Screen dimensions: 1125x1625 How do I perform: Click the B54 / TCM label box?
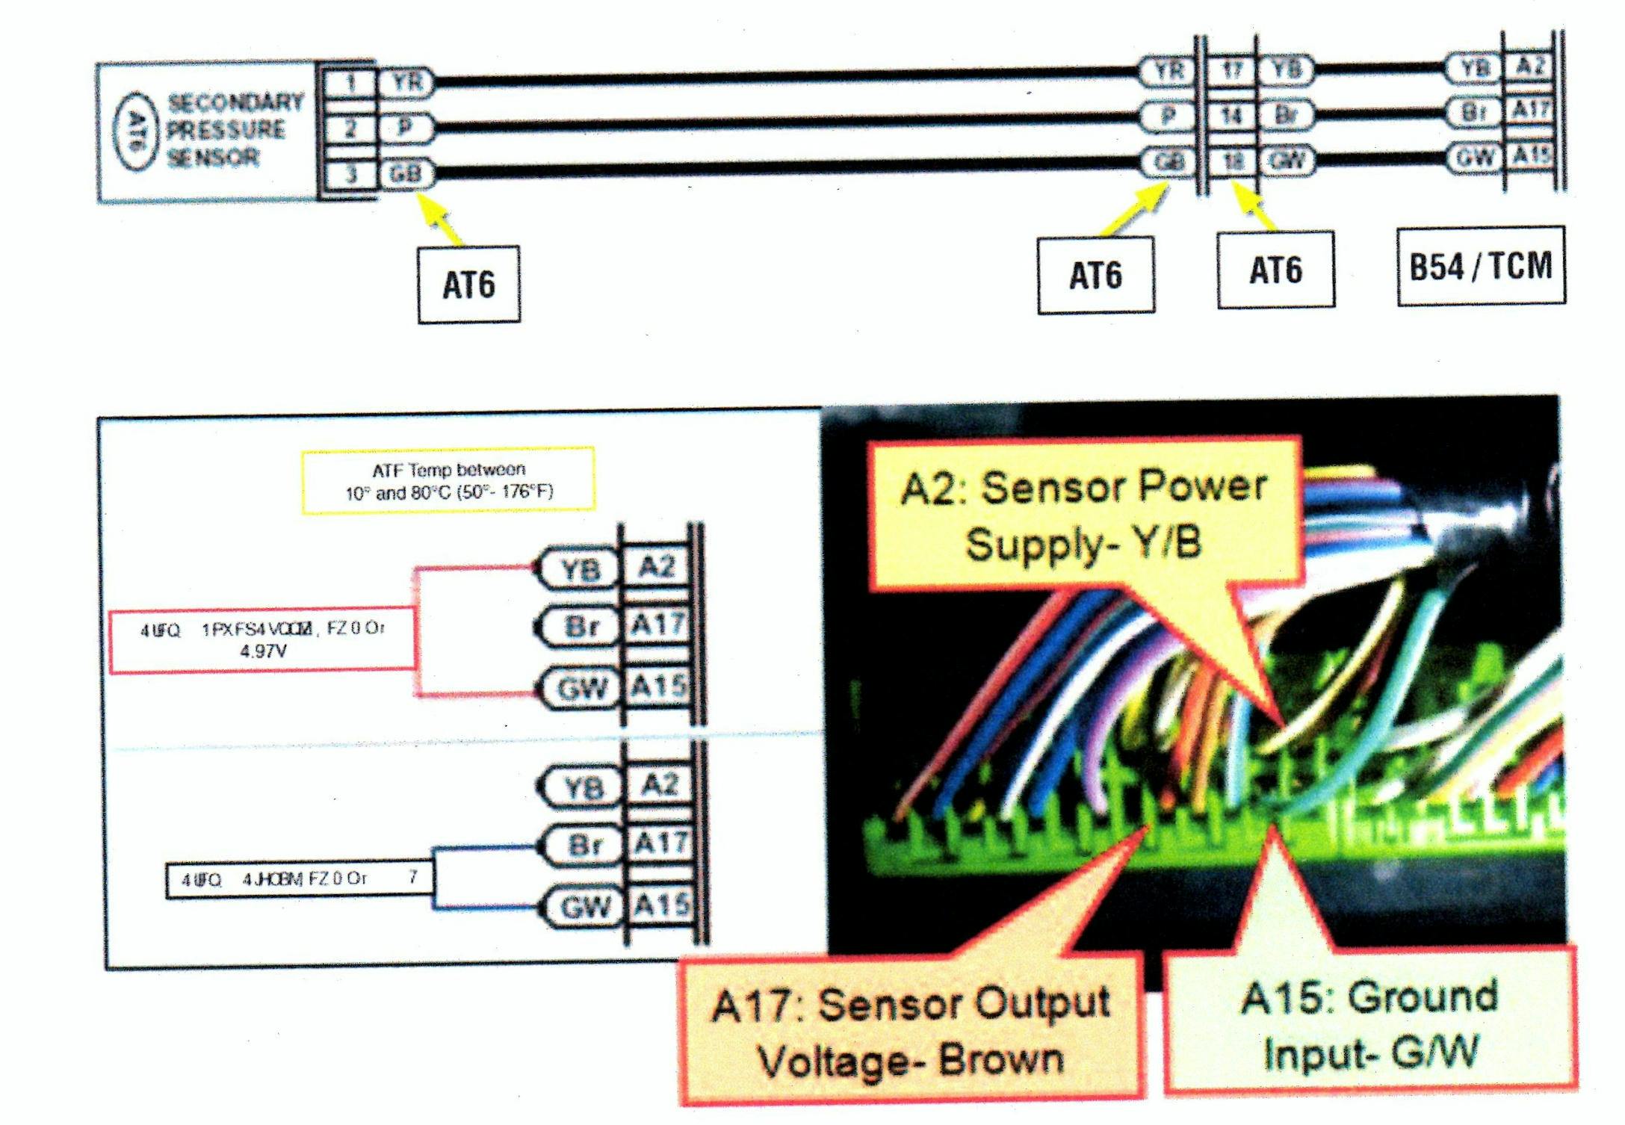click(x=1481, y=266)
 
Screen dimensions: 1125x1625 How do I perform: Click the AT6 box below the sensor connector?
click(x=468, y=285)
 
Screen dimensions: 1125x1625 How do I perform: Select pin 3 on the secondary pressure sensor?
click(x=350, y=174)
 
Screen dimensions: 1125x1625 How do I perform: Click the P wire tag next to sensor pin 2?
click(x=404, y=128)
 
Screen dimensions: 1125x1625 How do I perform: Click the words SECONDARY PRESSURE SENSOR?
click(x=233, y=129)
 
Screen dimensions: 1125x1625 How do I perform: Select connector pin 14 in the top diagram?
click(x=1231, y=116)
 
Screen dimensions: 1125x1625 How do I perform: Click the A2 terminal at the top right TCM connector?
click(x=1529, y=67)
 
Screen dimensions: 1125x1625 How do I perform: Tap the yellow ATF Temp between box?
click(x=448, y=480)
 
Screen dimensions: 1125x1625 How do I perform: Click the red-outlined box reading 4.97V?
click(x=262, y=641)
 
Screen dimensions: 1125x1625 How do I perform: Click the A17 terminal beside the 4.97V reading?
click(x=657, y=625)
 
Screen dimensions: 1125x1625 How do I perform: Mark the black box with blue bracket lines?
click(x=298, y=879)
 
